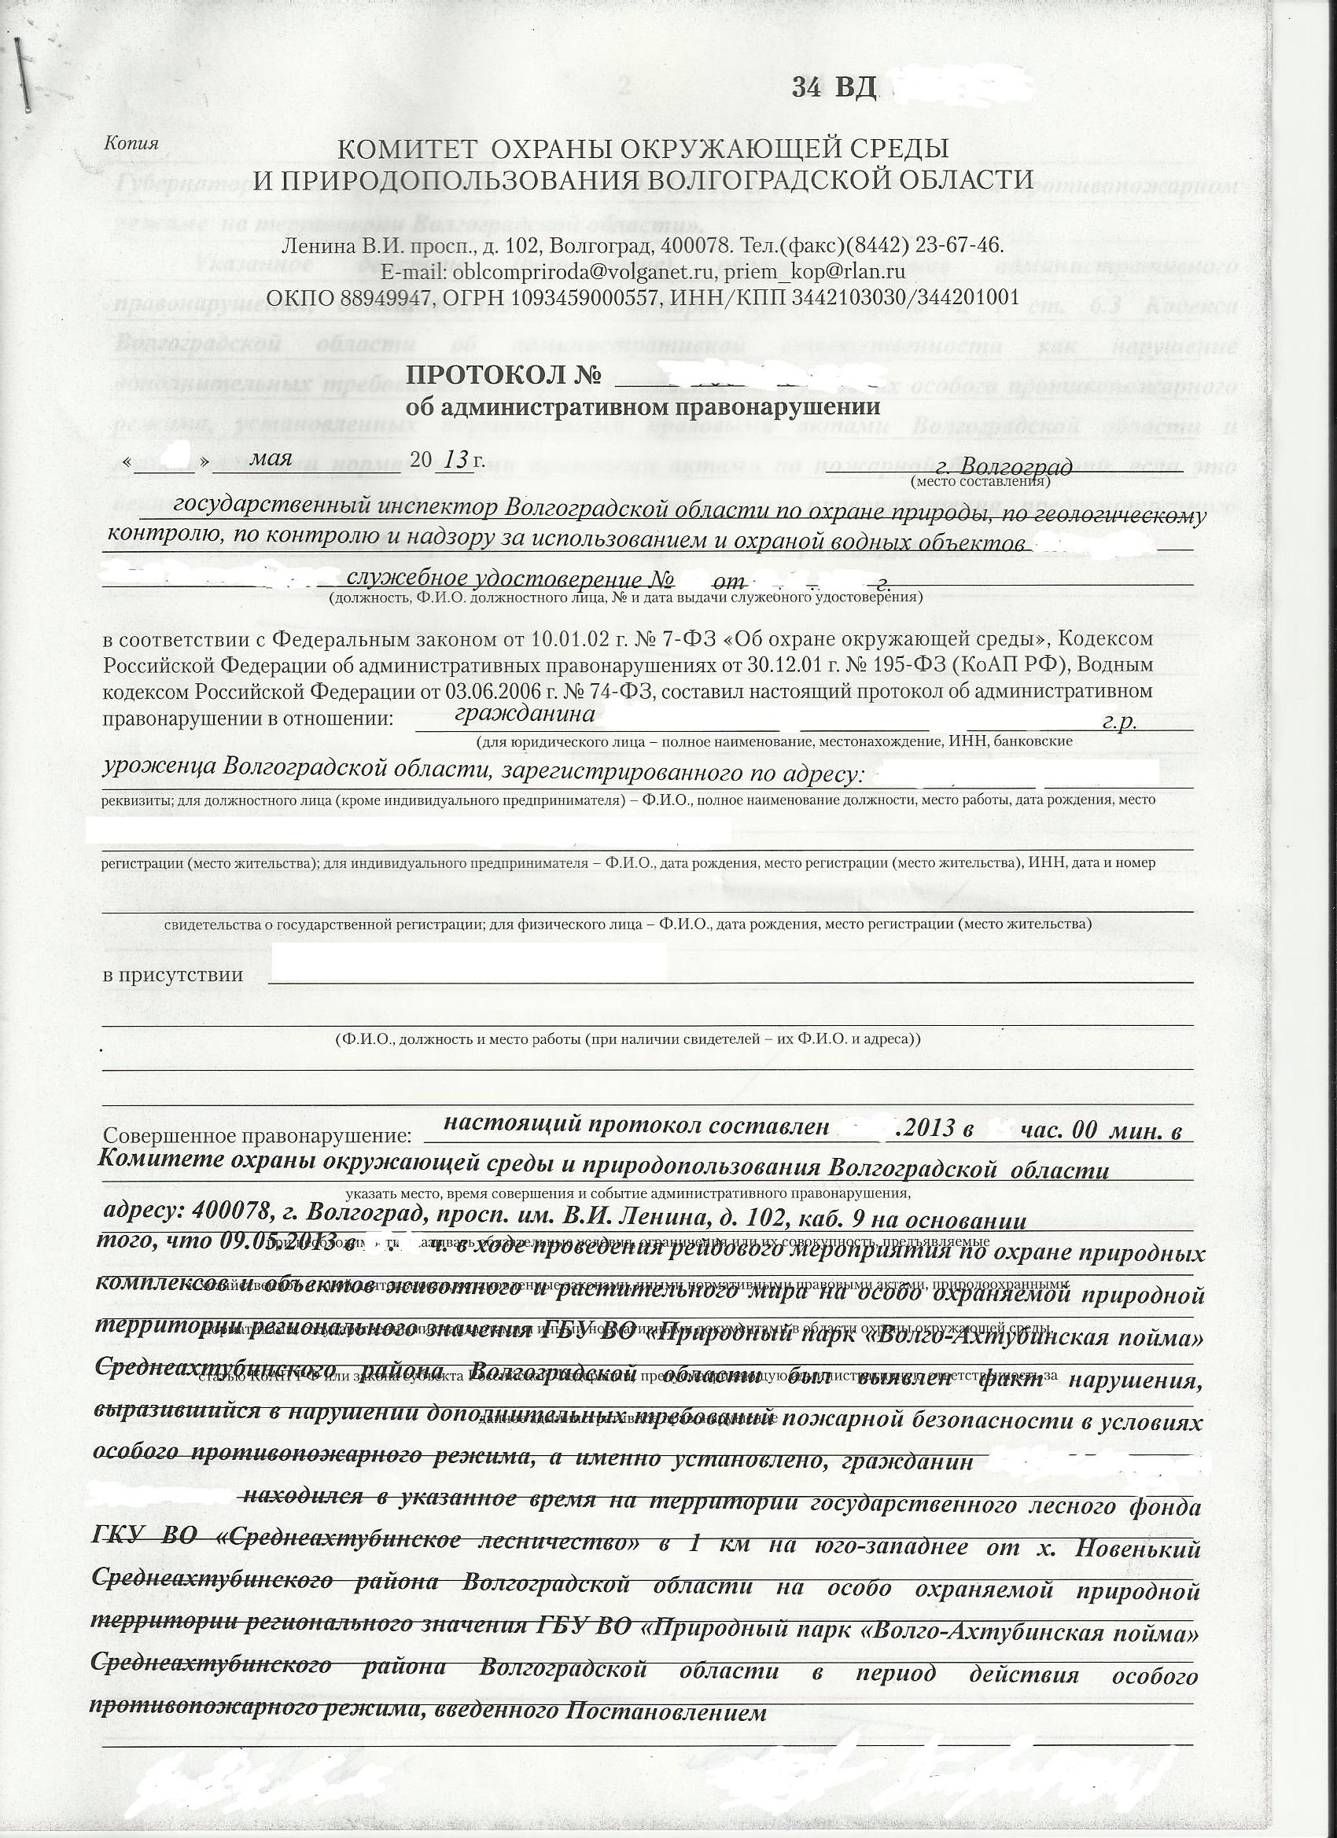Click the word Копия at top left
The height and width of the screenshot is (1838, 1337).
(x=131, y=143)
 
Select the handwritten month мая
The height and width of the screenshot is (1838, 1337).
(x=271, y=457)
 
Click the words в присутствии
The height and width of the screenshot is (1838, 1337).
(x=173, y=974)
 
